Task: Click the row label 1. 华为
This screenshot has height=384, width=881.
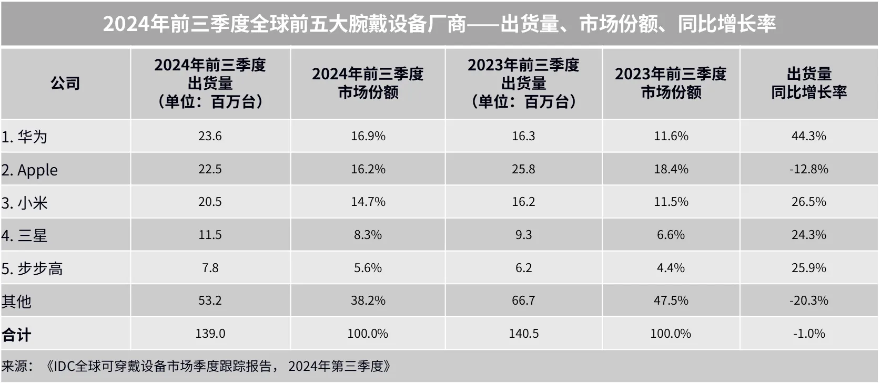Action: [x=25, y=137]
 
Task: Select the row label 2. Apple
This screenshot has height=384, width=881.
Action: [x=30, y=170]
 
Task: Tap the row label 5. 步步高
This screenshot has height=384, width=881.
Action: [x=32, y=268]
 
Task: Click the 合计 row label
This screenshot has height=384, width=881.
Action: [x=16, y=335]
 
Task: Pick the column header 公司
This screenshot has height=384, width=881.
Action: [x=65, y=83]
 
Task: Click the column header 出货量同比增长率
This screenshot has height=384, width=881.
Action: [x=808, y=83]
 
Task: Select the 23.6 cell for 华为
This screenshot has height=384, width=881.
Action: [x=210, y=136]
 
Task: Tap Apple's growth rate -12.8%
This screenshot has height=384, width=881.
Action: [x=808, y=169]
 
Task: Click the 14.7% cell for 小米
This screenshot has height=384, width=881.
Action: [x=368, y=202]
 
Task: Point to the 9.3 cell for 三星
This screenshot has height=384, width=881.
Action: [x=523, y=235]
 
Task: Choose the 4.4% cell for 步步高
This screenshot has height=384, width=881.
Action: [x=671, y=268]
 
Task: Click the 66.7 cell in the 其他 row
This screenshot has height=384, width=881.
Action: [x=523, y=300]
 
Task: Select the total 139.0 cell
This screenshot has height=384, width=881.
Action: [x=210, y=334]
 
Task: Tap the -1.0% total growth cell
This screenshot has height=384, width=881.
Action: [x=808, y=334]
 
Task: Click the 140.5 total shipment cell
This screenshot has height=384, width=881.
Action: [x=523, y=334]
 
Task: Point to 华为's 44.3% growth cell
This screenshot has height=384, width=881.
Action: [x=808, y=136]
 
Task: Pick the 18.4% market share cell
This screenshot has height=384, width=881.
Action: [x=671, y=169]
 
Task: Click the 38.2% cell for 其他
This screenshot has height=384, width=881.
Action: [x=368, y=300]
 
